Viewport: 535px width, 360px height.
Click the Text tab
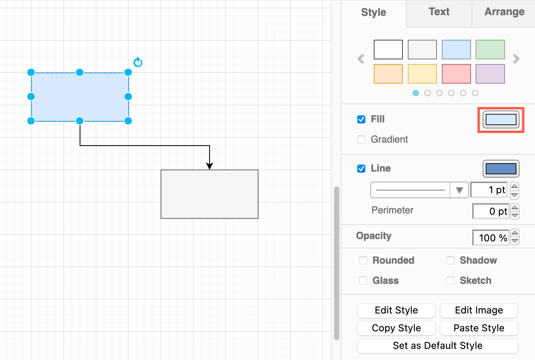tap(439, 12)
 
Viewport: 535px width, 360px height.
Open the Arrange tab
tap(504, 12)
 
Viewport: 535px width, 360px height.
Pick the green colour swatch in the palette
tap(490, 50)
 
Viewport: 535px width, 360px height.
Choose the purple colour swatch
tap(490, 74)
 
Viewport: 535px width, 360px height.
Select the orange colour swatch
tap(388, 74)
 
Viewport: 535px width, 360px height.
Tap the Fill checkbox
tap(361, 119)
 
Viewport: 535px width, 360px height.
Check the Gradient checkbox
tap(361, 140)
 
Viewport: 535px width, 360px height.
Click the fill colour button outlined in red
tap(501, 120)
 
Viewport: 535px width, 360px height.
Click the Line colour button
tap(501, 169)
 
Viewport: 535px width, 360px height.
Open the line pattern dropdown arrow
tap(459, 190)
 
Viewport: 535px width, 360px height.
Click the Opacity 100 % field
tap(491, 238)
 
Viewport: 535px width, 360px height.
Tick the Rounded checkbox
tap(363, 260)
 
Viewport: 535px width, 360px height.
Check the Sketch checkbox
tap(450, 280)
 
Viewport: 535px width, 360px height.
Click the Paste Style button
tap(479, 328)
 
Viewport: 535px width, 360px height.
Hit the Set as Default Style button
tap(438, 346)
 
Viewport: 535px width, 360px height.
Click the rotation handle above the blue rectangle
tap(138, 62)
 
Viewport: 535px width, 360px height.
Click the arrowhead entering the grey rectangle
tap(209, 166)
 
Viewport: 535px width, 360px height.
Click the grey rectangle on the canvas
tap(209, 194)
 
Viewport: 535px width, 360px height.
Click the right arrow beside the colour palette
tap(516, 59)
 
